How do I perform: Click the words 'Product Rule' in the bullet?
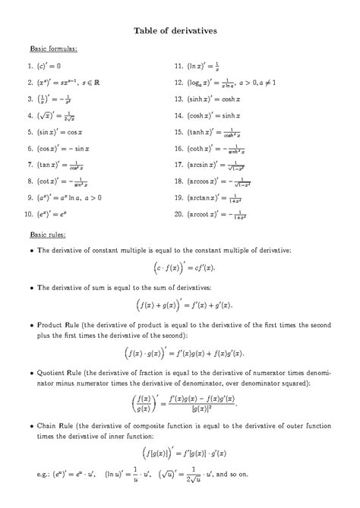(58, 324)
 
